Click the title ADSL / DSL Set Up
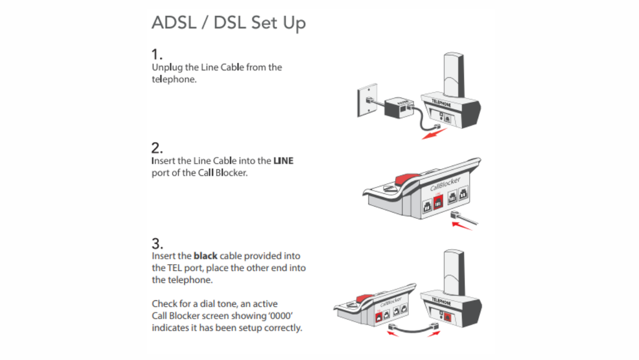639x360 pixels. [228, 23]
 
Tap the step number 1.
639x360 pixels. [156, 55]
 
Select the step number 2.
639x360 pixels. [156, 148]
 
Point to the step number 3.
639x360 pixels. [157, 243]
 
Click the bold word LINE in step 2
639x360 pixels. [283, 161]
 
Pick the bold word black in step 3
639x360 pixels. [206, 255]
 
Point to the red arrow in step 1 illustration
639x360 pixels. [434, 134]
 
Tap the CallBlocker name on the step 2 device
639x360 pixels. [445, 185]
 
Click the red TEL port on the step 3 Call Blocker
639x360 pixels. [379, 316]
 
